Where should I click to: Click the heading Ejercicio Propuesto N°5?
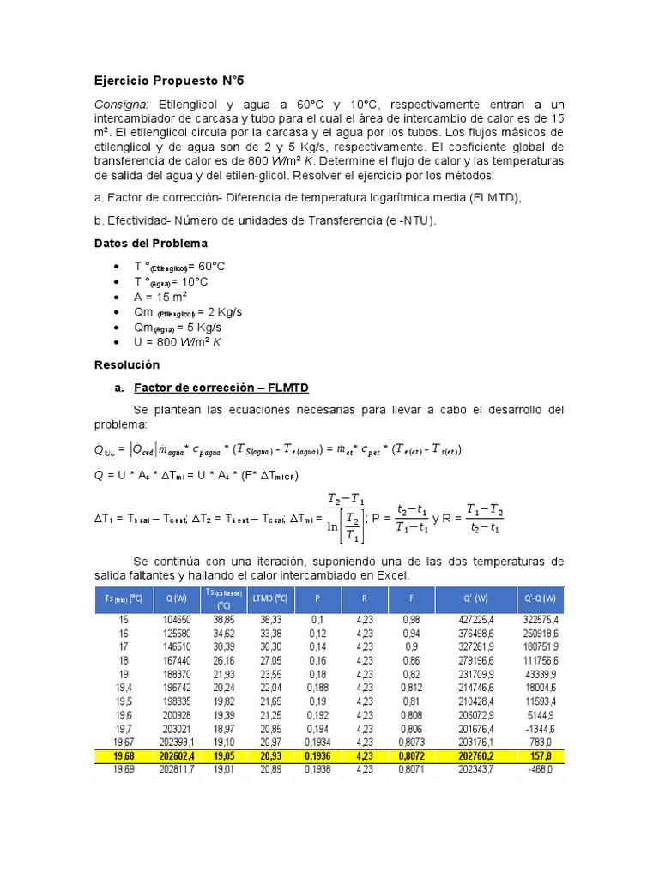[169, 81]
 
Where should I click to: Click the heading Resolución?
[126, 364]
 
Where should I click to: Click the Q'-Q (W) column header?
[538, 598]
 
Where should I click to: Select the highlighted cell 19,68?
[124, 755]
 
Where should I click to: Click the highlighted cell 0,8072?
[413, 755]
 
